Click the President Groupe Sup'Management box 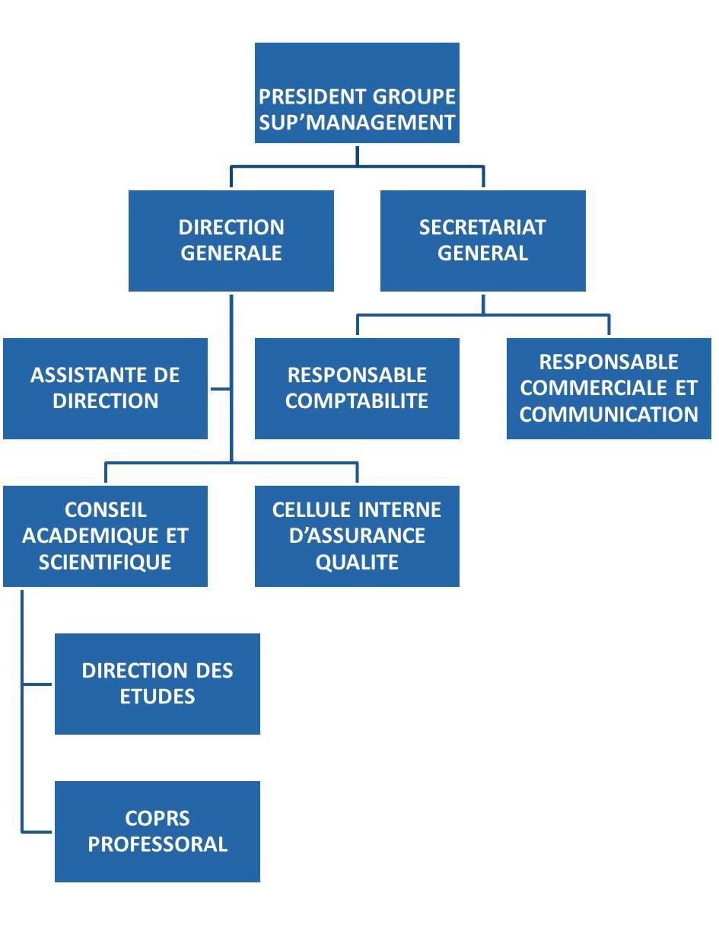357,93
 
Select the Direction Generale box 231,241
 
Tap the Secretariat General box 483,241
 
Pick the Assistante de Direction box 105,388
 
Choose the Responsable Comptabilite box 357,388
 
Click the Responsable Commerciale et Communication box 609,388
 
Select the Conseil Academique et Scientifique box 105,537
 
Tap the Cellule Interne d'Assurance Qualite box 357,537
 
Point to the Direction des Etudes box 157,684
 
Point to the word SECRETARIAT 482,228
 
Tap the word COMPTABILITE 357,401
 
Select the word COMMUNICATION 609,414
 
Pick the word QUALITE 357,563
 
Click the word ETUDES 157,697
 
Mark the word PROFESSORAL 157,844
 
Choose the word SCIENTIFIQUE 105,563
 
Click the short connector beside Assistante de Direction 221,388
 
